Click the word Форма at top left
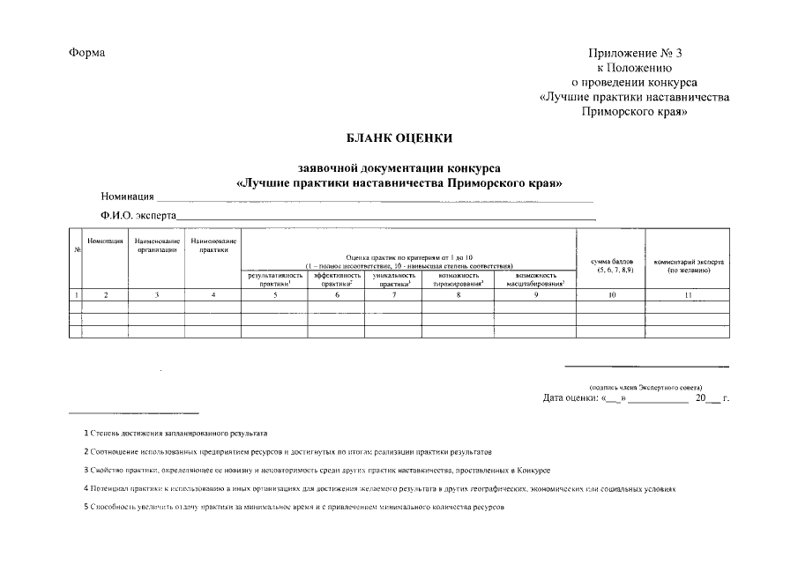tap(86, 53)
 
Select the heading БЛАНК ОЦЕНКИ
tap(399, 137)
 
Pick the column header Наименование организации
tap(157, 245)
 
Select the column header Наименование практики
tap(213, 245)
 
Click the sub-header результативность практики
tap(275, 279)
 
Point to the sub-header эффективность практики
tap(337, 279)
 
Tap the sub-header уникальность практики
tap(394, 279)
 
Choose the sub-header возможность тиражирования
tap(459, 279)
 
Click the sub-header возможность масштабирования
tap(535, 279)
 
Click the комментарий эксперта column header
tap(689, 265)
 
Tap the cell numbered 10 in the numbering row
tap(611, 294)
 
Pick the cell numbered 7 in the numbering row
tap(394, 294)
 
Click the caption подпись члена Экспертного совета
tap(646, 388)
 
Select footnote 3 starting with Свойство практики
tap(317, 471)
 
